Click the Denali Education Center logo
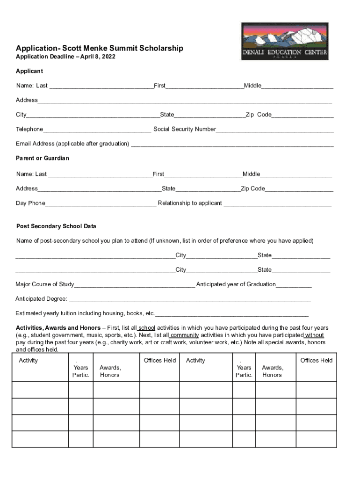click(284, 41)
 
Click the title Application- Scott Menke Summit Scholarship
click(100, 48)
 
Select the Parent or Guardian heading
click(43, 158)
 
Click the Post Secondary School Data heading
click(56, 226)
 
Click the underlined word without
click(314, 335)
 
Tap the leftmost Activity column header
click(29, 360)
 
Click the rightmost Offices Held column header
click(316, 360)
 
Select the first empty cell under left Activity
click(40, 390)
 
